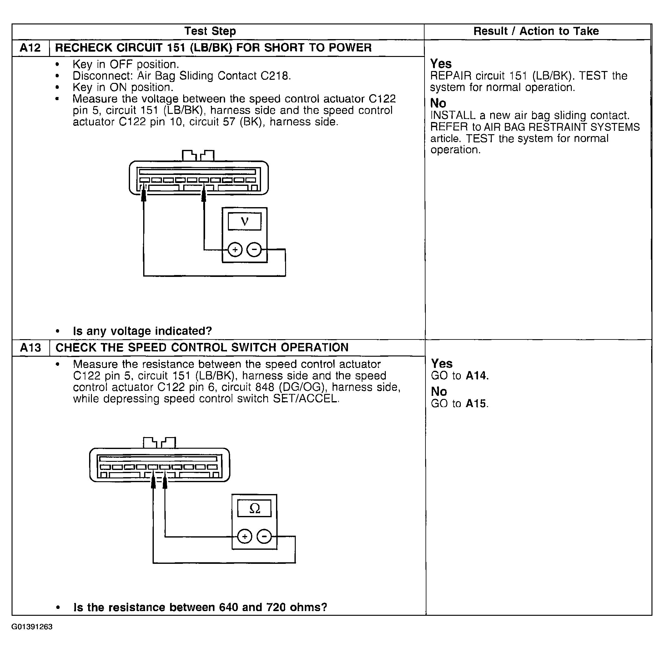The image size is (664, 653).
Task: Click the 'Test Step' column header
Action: point(210,31)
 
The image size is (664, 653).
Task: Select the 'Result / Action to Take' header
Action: point(536,31)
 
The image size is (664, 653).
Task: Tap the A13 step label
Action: point(31,347)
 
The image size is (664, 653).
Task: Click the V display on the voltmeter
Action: point(244,221)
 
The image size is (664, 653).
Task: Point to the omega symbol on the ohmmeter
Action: point(254,508)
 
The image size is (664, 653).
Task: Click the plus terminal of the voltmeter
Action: point(235,249)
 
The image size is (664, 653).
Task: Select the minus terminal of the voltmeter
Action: point(254,249)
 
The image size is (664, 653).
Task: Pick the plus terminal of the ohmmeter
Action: point(245,536)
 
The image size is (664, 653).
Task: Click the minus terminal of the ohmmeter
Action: point(264,536)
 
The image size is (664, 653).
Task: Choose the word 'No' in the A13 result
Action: point(439,391)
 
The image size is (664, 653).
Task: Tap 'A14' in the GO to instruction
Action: point(476,376)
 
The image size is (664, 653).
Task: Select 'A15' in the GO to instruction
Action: point(476,403)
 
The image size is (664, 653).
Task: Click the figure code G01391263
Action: point(32,627)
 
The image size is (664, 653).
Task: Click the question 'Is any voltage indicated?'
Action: point(142,331)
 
